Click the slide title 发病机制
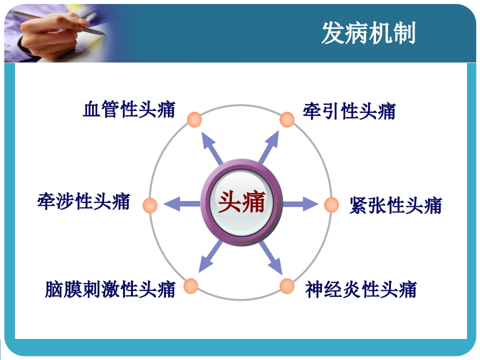tap(368, 33)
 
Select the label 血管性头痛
tap(129, 109)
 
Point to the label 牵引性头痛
tap(349, 110)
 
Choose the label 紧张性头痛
tap(395, 205)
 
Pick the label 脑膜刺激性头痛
tap(110, 288)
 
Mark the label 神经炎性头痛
tap(361, 288)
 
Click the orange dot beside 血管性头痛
tap(194, 119)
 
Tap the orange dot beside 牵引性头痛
tap(287, 119)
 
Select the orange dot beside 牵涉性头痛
tap(149, 205)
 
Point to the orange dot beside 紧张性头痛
tap(331, 204)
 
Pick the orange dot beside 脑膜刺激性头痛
tap(190, 286)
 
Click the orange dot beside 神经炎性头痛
tap(287, 286)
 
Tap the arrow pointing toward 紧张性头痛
tap(301, 203)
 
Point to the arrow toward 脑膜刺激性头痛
tap(210, 257)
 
